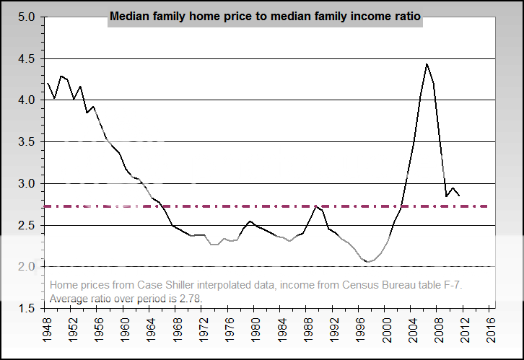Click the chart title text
pyautogui.click(x=265, y=15)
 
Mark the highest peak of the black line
pyautogui.click(x=427, y=63)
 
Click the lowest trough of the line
pyautogui.click(x=368, y=262)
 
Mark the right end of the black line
pyautogui.click(x=459, y=195)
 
